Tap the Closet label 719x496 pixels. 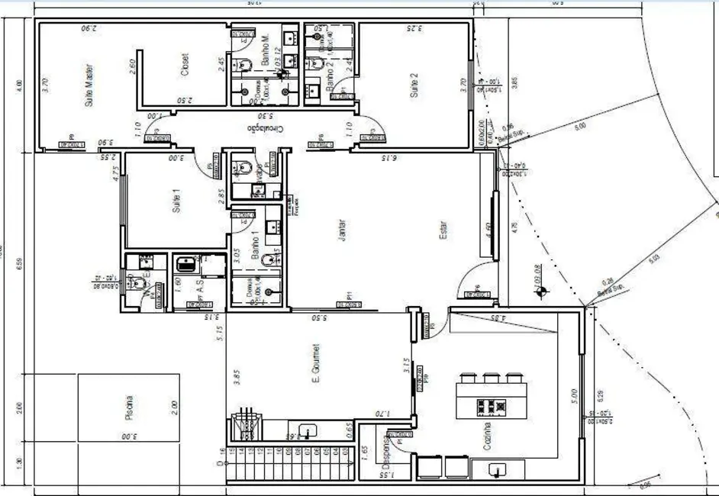(x=185, y=65)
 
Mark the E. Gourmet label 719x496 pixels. (x=315, y=363)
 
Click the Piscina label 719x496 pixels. (x=129, y=408)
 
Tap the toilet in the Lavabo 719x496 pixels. (x=243, y=167)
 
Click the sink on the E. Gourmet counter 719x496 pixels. (x=308, y=433)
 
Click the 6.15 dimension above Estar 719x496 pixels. (x=389, y=159)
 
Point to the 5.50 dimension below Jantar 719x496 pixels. (x=321, y=316)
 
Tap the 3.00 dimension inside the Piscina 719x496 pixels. (x=127, y=436)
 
